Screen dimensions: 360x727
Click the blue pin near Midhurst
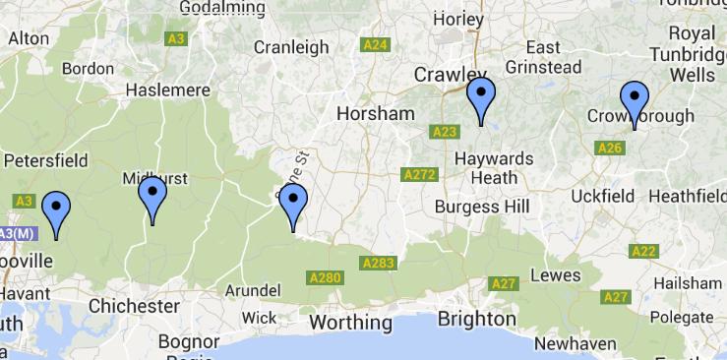pyautogui.click(x=151, y=198)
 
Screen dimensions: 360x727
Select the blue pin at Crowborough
pyautogui.click(x=635, y=103)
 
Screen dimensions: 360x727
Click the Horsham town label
pyautogui.click(x=375, y=113)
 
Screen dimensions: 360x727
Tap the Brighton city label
pyautogui.click(x=476, y=319)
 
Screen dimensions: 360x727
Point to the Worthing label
pyautogui.click(x=350, y=322)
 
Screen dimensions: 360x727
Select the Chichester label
pyautogui.click(x=134, y=306)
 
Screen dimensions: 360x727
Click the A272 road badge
pyautogui.click(x=419, y=175)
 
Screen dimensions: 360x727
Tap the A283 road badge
pyautogui.click(x=378, y=264)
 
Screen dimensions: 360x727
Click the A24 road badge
pyautogui.click(x=375, y=44)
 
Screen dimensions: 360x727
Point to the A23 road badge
pyautogui.click(x=445, y=131)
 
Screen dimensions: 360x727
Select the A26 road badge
pyautogui.click(x=610, y=149)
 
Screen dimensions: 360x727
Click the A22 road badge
pyautogui.click(x=643, y=251)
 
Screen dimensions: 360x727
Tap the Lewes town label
pyautogui.click(x=555, y=274)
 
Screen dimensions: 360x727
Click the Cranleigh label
pyautogui.click(x=291, y=46)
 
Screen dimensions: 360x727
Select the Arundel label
pyautogui.click(x=255, y=290)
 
